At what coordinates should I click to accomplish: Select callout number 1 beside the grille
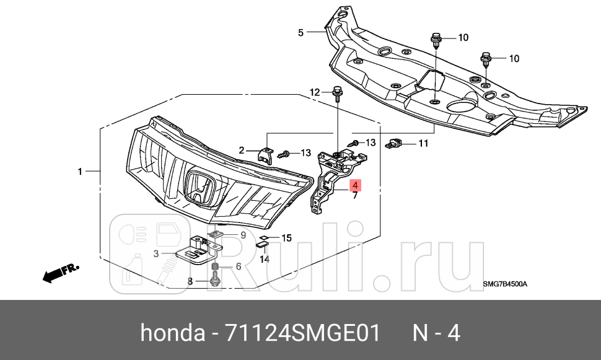coord(79,170)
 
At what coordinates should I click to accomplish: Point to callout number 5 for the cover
coord(300,32)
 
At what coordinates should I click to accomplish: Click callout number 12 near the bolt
coord(315,92)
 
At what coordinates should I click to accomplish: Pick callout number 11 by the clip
coord(423,144)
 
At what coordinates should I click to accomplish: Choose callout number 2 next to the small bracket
coord(243,149)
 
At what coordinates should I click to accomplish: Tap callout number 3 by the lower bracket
coord(156,253)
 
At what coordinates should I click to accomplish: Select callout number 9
coord(243,235)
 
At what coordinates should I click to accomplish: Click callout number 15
coord(286,238)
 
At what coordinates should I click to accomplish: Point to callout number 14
coord(265,259)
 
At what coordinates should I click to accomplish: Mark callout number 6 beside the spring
coord(237,267)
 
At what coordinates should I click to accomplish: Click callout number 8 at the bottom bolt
coord(191,282)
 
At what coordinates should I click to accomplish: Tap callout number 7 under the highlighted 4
coord(355,196)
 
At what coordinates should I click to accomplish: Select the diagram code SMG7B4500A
coord(505,284)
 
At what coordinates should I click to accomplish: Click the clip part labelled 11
coord(394,144)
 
